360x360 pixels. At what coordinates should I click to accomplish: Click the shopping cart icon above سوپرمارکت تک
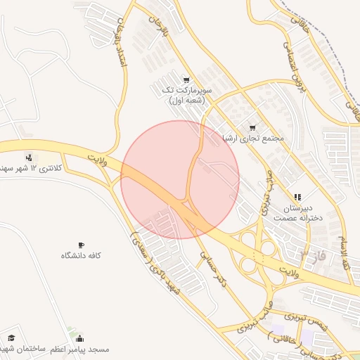186,79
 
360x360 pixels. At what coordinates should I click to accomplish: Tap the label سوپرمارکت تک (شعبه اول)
186,95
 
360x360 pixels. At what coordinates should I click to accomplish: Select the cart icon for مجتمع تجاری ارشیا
252,127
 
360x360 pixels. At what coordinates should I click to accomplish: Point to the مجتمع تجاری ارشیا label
252,139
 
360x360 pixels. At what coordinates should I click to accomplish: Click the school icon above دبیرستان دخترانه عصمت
297,198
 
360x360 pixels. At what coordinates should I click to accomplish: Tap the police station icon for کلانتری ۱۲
28,157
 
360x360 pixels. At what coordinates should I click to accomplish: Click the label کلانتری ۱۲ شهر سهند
28,169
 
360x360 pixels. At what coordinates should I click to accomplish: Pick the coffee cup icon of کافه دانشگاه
81,245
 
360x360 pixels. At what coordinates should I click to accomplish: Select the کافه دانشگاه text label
81,255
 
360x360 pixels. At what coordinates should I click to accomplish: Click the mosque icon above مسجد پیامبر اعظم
79,337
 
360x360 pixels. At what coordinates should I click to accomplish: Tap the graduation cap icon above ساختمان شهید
12,337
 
